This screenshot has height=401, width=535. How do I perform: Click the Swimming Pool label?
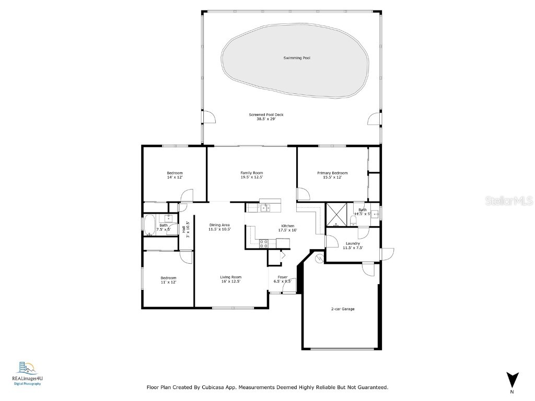tap(297, 58)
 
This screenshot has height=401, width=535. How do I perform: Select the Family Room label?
tap(251, 173)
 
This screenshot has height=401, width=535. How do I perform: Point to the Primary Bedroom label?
tap(332, 173)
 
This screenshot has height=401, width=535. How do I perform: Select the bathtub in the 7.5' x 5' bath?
tap(149, 224)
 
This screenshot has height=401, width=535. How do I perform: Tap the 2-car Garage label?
tap(343, 309)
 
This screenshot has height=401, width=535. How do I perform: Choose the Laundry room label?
tap(353, 243)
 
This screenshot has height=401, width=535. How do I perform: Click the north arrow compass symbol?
tap(513, 380)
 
